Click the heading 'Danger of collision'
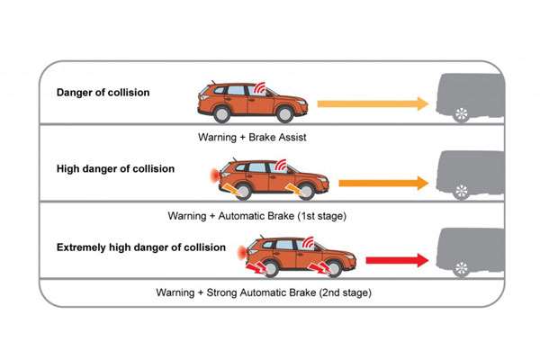click(x=103, y=92)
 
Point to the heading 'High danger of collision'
click(x=114, y=168)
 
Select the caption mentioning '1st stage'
click(x=256, y=216)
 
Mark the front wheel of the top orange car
click(x=285, y=114)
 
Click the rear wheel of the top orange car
click(x=217, y=114)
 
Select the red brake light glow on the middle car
click(x=209, y=172)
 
